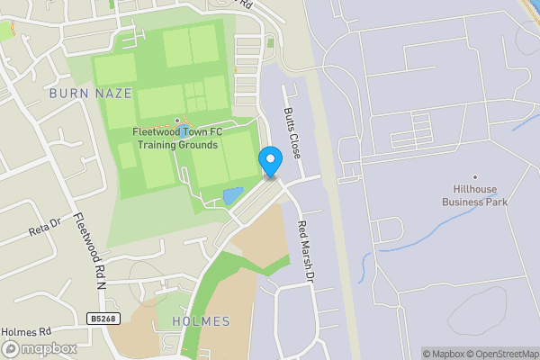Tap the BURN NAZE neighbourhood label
[92, 93]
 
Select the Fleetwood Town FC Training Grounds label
[175, 139]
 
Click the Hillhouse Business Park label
[474, 195]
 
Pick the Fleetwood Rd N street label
[91, 251]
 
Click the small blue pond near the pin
[232, 194]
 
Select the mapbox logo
[38, 348]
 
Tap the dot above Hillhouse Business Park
[475, 177]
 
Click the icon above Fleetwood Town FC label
[176, 121]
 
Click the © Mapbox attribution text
[445, 354]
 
